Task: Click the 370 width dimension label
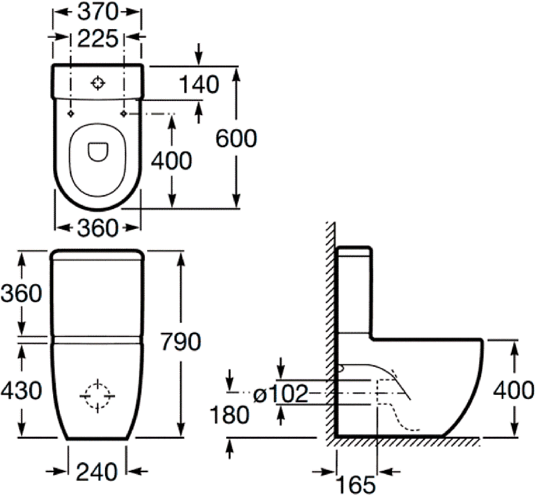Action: [98, 12]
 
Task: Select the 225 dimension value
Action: [98, 38]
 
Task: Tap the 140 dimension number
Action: [198, 85]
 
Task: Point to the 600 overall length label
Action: [236, 139]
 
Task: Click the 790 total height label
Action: [181, 342]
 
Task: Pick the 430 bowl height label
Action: [21, 390]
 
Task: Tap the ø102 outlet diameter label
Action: [281, 393]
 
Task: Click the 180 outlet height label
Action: [229, 415]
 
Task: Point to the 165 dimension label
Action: [355, 484]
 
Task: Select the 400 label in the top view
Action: [171, 161]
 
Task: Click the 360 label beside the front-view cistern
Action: [21, 293]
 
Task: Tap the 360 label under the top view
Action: [98, 228]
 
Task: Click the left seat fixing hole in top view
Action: [70, 114]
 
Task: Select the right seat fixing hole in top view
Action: [124, 114]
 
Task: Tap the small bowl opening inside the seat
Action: [98, 151]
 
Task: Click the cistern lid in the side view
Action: [354, 251]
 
